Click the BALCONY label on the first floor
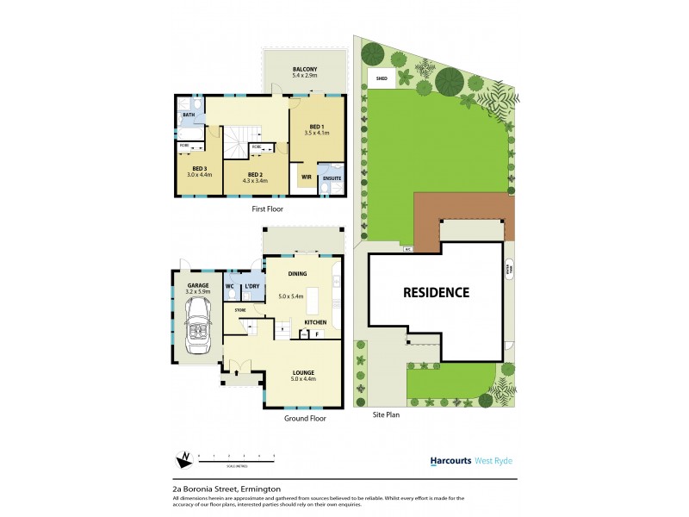pos(305,69)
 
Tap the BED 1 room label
pos(317,127)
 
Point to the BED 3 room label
pos(199,169)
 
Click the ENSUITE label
pos(330,178)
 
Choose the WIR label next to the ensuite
pos(306,178)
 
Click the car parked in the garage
pos(200,327)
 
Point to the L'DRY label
pos(252,285)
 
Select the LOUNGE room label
pos(303,372)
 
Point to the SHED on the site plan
pos(382,78)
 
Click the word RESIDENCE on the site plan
pos(437,292)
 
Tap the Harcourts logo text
pos(450,461)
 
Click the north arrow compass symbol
pos(183,458)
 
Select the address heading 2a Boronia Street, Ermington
pos(225,487)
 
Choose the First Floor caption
pos(267,209)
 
